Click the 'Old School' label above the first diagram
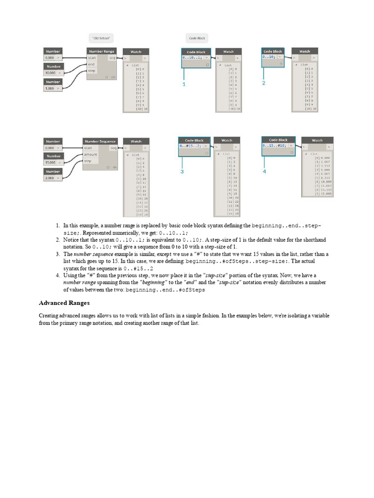tap(102, 38)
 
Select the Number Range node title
tap(102, 52)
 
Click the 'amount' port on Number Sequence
tap(91, 154)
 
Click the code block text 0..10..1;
tap(192, 58)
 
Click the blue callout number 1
tap(184, 85)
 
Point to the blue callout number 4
tap(264, 172)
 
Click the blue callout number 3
tap(182, 172)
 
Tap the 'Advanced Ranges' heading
tap(64, 303)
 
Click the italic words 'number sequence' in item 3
tap(93, 254)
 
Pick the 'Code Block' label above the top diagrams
tap(197, 38)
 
